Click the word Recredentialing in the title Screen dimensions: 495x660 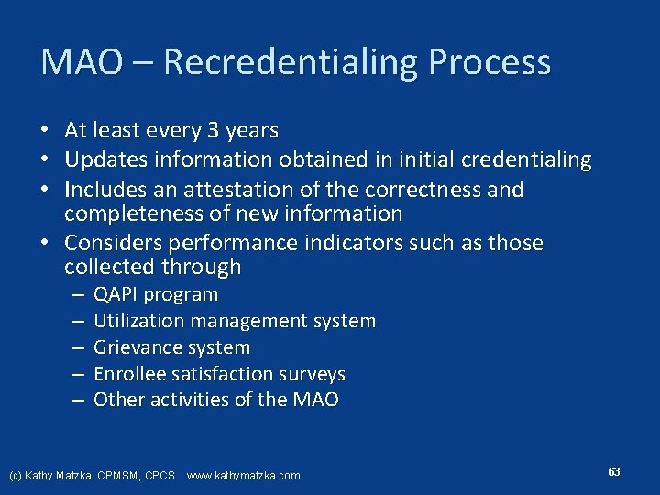point(289,62)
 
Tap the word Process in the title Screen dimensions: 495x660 point(489,62)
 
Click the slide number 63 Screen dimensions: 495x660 point(613,471)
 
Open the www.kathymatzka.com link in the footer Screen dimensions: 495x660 point(243,475)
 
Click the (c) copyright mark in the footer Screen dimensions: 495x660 point(16,475)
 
